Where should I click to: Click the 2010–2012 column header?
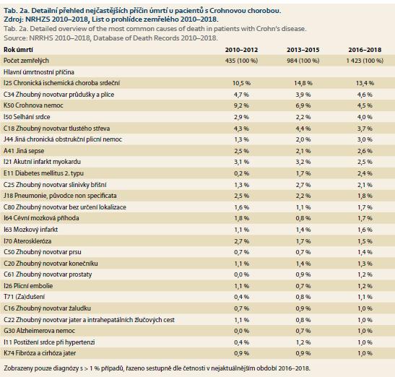click(x=241, y=50)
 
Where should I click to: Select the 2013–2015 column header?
click(x=303, y=50)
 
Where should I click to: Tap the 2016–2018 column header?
click(x=365, y=50)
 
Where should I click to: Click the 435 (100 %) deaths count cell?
click(x=241, y=61)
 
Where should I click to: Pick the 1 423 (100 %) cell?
click(x=365, y=61)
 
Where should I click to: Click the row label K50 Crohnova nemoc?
click(x=33, y=105)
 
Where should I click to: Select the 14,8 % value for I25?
click(x=303, y=83)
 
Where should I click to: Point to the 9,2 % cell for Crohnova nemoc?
click(x=241, y=105)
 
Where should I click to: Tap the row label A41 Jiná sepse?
click(x=24, y=151)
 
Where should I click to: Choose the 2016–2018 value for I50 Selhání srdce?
click(x=365, y=117)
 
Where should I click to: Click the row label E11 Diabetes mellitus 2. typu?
click(x=43, y=173)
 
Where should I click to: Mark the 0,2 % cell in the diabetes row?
click(x=241, y=173)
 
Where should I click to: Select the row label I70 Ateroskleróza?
click(x=27, y=241)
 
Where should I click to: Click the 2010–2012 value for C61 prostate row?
click(x=241, y=274)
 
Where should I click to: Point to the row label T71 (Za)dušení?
click(x=24, y=297)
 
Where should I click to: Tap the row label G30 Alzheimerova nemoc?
click(x=39, y=331)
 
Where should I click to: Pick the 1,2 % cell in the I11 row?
click(x=303, y=342)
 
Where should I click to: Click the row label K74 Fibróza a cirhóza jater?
click(x=40, y=353)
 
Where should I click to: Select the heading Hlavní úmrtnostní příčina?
click(x=39, y=72)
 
